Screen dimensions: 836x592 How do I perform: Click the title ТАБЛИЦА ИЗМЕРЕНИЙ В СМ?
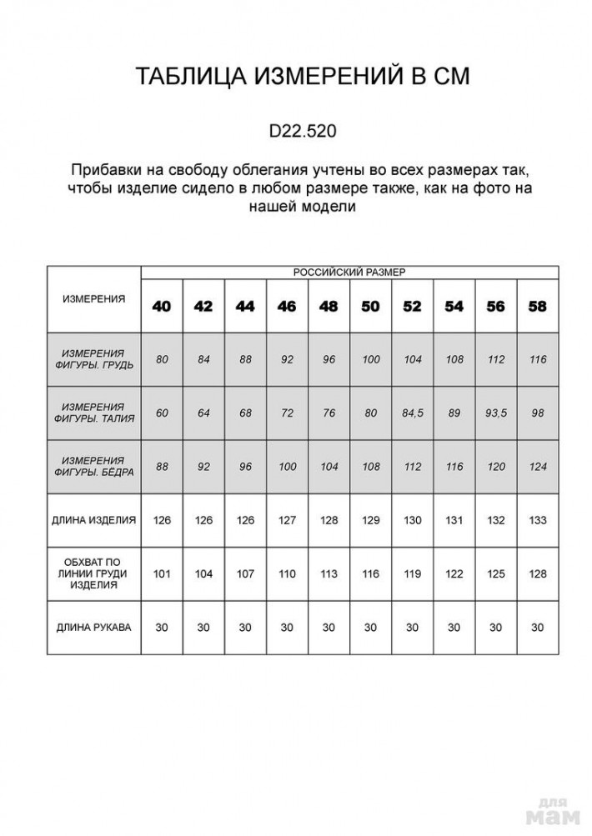tap(303, 77)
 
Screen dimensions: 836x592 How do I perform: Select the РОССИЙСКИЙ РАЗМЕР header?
tap(349, 272)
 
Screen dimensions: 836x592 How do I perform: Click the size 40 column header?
tap(162, 306)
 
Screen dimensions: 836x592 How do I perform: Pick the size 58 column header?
tap(538, 306)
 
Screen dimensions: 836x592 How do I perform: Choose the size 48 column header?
tap(329, 306)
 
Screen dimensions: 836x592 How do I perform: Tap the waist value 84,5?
tap(412, 413)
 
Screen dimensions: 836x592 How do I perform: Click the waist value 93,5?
tap(496, 413)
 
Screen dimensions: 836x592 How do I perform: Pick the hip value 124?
tap(538, 467)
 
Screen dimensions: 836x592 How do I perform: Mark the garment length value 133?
tap(538, 520)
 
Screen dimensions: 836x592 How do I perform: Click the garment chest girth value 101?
tap(162, 573)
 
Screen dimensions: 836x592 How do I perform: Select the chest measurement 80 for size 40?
tap(162, 359)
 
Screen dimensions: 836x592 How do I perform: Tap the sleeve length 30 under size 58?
tap(538, 627)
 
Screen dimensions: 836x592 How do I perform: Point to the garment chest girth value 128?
tap(538, 573)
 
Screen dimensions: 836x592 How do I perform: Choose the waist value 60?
tap(162, 413)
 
